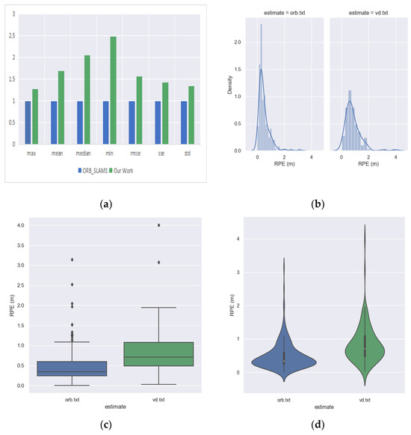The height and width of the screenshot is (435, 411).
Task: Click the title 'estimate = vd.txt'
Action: tap(363, 11)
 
